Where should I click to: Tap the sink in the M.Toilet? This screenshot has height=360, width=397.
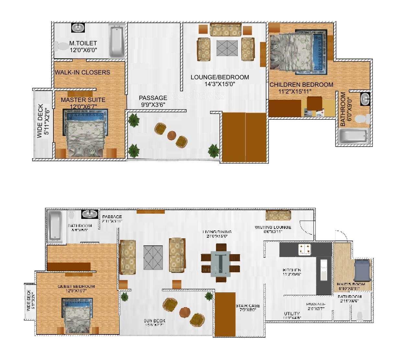click(x=78, y=28)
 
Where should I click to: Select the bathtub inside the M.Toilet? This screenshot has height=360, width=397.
click(x=116, y=42)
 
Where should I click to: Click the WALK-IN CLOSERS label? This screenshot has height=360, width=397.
click(x=82, y=72)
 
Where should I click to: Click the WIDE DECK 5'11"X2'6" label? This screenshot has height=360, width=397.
click(x=43, y=121)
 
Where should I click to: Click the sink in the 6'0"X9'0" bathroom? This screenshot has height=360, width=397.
click(x=365, y=99)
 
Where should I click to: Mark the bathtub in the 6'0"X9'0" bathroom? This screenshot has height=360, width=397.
click(x=354, y=136)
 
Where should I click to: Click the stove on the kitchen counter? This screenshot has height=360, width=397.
click(x=305, y=249)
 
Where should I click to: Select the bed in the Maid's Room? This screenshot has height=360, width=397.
click(x=362, y=271)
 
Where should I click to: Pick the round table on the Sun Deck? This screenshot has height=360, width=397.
click(x=185, y=312)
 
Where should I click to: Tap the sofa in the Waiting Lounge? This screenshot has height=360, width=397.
click(x=278, y=215)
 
